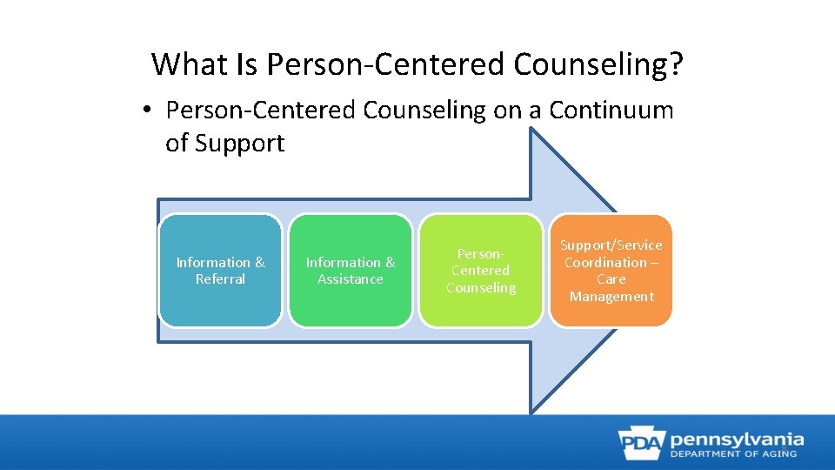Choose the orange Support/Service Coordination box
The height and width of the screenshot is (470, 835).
tap(611, 271)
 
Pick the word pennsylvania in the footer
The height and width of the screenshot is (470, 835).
tap(737, 439)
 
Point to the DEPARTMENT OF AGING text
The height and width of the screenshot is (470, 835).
tap(737, 453)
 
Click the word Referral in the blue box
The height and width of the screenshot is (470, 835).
tap(220, 279)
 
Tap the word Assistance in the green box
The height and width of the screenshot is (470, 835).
tap(350, 279)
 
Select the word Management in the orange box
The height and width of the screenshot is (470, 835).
tap(611, 297)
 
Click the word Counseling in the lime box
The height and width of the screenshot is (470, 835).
tap(481, 288)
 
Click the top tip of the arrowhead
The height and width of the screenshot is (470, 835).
tap(531, 131)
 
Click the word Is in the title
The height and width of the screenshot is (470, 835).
tap(247, 64)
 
